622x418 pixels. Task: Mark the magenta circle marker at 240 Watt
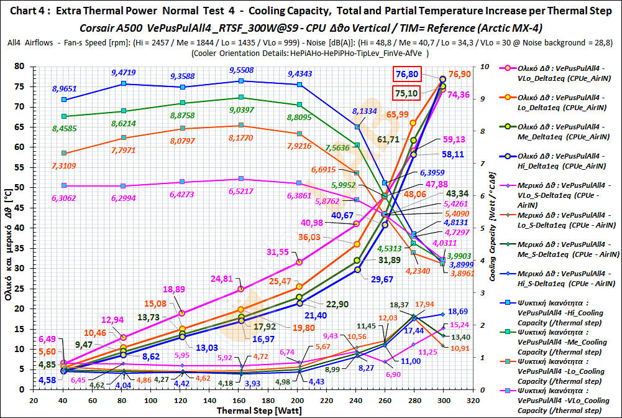(357, 223)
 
